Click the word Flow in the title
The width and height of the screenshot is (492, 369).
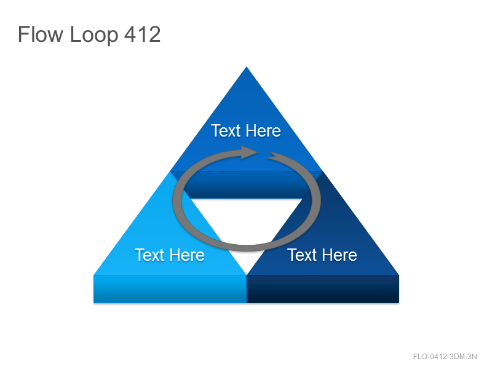pyautogui.click(x=40, y=34)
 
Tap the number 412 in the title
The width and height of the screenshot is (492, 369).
pyautogui.click(x=143, y=34)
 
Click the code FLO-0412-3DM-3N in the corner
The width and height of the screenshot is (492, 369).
pyautogui.click(x=445, y=357)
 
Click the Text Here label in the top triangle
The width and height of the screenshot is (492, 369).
pyautogui.click(x=246, y=130)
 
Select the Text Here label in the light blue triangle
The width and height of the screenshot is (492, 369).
pyautogui.click(x=170, y=255)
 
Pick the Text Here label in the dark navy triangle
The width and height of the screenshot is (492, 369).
pyautogui.click(x=322, y=255)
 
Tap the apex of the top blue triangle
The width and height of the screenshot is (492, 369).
pyautogui.click(x=247, y=67)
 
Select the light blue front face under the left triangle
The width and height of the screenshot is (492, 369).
pyautogui.click(x=170, y=289)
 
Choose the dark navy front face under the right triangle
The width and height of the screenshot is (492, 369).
pyautogui.click(x=323, y=289)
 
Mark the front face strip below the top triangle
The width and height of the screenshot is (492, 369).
pyautogui.click(x=247, y=185)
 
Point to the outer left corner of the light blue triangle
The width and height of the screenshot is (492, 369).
pyautogui.click(x=94, y=275)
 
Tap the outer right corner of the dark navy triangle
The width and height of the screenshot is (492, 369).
pyautogui.click(x=399, y=275)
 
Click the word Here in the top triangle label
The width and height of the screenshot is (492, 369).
pyautogui.click(x=263, y=130)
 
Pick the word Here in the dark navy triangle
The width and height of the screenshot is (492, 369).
pyautogui.click(x=339, y=255)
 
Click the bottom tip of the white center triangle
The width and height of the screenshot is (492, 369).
pyautogui.click(x=247, y=274)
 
